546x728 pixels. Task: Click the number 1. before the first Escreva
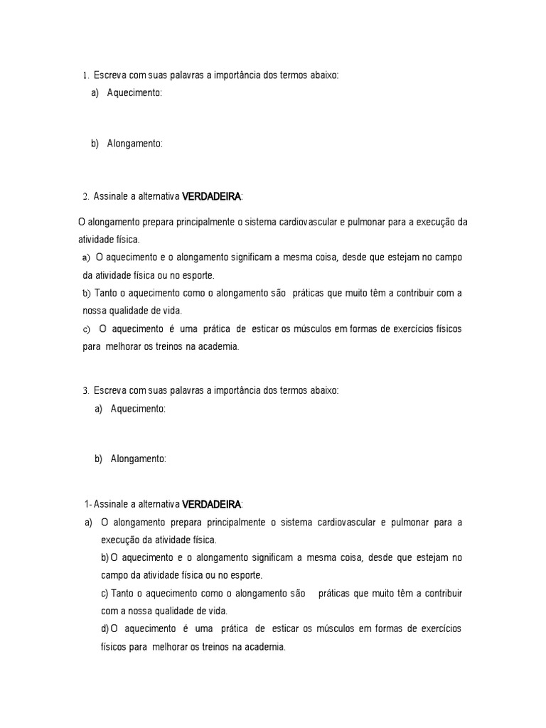click(85, 75)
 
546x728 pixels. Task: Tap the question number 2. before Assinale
click(85, 196)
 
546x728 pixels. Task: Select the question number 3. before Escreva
click(85, 390)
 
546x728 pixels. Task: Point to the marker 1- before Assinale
click(87, 505)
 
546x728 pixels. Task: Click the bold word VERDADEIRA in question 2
click(212, 196)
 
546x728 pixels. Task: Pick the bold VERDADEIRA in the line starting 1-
click(212, 505)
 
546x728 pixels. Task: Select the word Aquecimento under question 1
click(134, 92)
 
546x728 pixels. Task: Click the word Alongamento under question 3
click(138, 459)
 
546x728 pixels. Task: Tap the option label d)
click(105, 629)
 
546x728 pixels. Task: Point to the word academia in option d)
click(264, 647)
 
